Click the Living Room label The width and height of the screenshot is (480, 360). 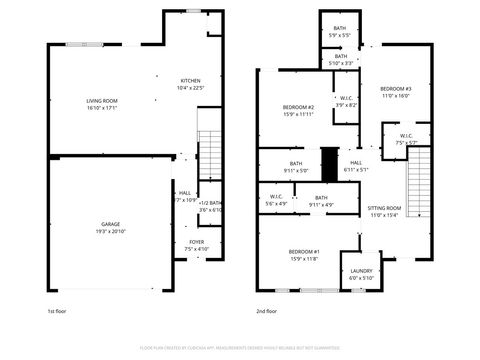point(102,100)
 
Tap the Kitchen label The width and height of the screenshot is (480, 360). point(190,80)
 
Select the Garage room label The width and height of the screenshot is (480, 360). point(110,225)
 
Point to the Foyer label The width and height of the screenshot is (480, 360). point(197,242)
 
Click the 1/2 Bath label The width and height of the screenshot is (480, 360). point(210,203)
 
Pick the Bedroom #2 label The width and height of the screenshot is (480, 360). point(298,107)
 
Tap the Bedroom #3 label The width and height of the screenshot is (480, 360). point(396,90)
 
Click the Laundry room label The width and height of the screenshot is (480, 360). point(361,271)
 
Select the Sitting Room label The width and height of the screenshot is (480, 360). point(384,208)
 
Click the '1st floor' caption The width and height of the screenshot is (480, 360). point(58,311)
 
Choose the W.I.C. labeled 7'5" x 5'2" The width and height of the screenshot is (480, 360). point(407,139)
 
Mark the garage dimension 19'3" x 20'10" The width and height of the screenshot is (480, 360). point(110,231)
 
